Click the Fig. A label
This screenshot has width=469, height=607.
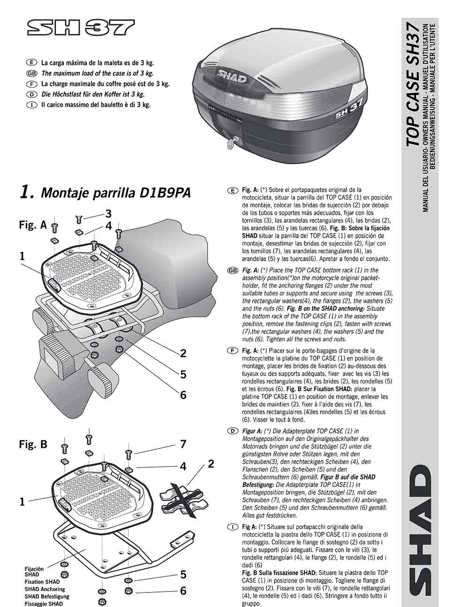[33, 225]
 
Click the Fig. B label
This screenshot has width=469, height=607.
[33, 444]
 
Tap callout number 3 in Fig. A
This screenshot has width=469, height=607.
[108, 214]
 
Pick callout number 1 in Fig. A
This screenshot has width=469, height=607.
[22, 256]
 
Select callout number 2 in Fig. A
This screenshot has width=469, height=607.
[183, 353]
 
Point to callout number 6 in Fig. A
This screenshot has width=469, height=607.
[183, 395]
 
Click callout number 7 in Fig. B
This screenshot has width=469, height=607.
[183, 444]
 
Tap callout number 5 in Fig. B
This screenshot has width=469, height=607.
[183, 575]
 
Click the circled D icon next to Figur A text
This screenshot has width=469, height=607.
[232, 431]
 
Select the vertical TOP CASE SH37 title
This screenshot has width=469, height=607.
[413, 84]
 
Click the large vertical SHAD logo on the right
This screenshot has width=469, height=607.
[418, 532]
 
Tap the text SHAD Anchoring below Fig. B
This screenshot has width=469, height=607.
[45, 589]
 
